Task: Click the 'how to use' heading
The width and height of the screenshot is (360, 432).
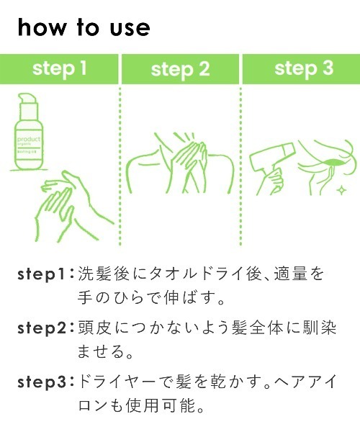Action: [x=84, y=27]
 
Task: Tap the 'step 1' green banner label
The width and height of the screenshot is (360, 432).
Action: [x=60, y=68]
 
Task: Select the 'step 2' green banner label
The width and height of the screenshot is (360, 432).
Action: [x=180, y=69]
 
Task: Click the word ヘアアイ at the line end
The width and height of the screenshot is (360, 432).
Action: [x=310, y=381]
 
